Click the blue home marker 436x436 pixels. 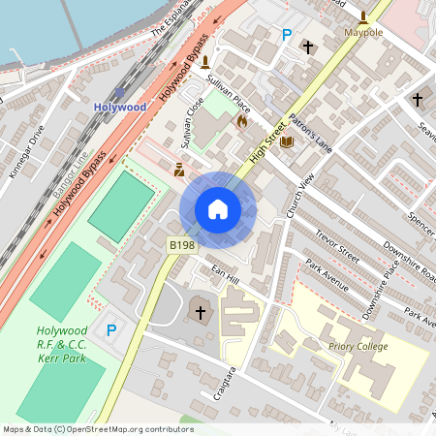(218, 209)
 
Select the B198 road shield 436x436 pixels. (181, 246)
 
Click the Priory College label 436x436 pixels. (358, 346)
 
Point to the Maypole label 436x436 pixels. (363, 32)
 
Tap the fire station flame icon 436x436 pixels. (241, 122)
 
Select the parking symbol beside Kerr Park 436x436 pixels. (111, 330)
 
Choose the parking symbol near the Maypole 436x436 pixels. (286, 35)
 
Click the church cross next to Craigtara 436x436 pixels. (201, 312)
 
